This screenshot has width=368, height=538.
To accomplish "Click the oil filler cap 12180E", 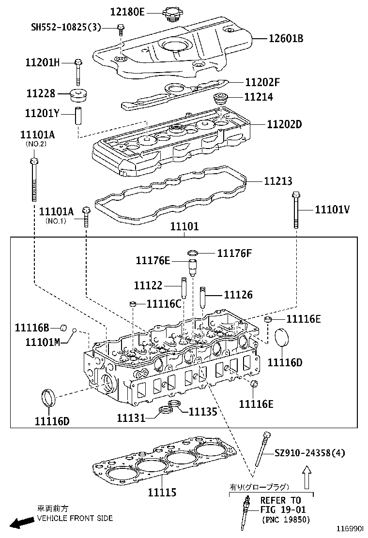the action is (171, 14).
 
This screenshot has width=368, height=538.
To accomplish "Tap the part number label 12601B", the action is (286, 38).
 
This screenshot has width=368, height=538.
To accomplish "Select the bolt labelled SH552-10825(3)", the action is (121, 30).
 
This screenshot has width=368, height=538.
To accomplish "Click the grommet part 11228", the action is (79, 95).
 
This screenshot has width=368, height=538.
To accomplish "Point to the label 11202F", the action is (262, 82).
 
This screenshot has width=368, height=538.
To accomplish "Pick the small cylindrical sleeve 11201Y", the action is (78, 116).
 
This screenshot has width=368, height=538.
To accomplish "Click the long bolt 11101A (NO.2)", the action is (34, 179).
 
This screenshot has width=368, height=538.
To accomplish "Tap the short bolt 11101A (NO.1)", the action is (86, 217).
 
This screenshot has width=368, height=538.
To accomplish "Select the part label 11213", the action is (278, 181).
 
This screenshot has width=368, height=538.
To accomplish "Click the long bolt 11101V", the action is (296, 209).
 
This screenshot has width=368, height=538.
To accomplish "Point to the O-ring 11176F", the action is (193, 253).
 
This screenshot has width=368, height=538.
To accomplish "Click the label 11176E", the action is (153, 260).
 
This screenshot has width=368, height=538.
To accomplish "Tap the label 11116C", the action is (164, 304).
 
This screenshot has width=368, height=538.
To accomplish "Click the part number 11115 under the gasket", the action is (162, 493).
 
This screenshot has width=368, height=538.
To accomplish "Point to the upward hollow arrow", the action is (307, 477).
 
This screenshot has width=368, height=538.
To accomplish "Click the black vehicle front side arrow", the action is (20, 522).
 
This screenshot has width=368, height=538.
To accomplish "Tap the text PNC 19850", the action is (286, 520).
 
